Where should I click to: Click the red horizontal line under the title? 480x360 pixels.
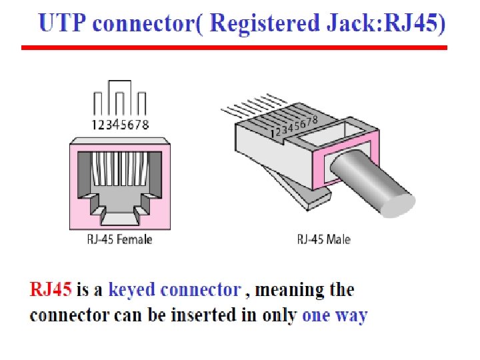coord(233,48)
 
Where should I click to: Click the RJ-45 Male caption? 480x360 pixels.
coord(323,239)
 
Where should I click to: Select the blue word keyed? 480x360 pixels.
coord(131,291)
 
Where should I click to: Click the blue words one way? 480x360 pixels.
coord(335,315)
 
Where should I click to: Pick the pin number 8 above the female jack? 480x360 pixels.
coord(145,124)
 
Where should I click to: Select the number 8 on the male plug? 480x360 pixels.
coord(314,118)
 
